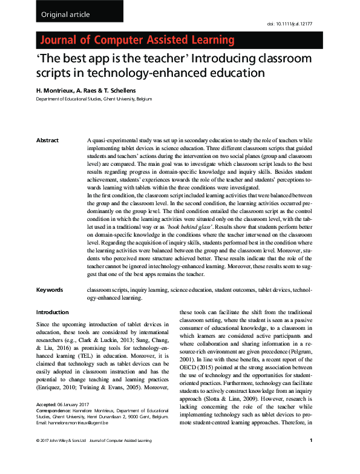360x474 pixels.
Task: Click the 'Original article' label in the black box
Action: click(66, 14)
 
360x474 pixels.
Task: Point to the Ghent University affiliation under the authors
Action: click(94, 99)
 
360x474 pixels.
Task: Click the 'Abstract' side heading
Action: click(48, 140)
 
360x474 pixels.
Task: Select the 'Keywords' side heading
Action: click(50, 290)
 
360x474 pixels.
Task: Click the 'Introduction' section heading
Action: click(53, 312)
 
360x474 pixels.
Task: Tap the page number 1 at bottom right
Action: click(310, 457)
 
